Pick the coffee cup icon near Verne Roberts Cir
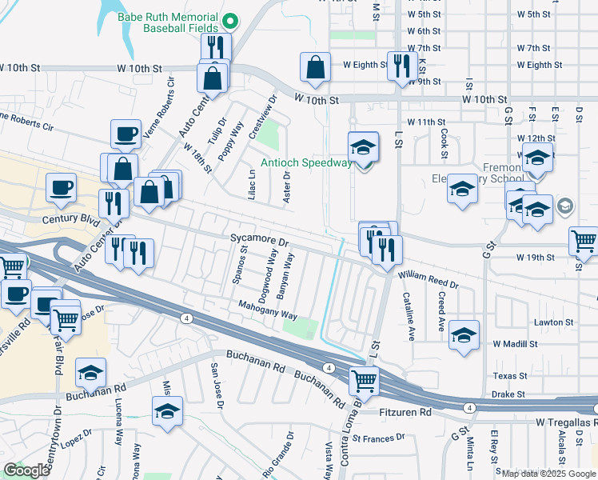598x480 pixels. [x=125, y=134]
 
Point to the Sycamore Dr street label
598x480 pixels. [x=258, y=240]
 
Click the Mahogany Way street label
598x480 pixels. [x=268, y=307]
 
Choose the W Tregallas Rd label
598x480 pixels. [x=563, y=422]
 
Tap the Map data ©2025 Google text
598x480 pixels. [x=548, y=474]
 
